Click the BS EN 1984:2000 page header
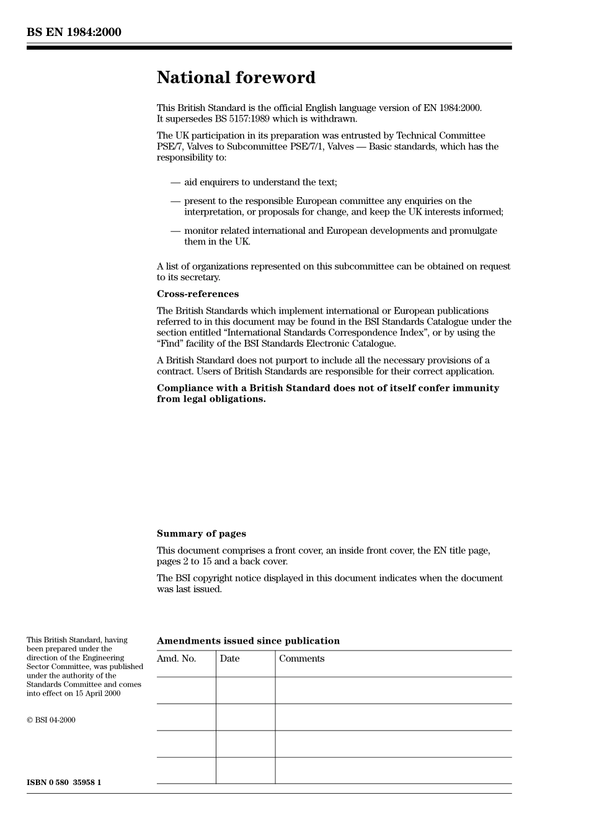74,32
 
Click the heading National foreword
236,78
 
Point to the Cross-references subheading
197,294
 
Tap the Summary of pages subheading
201,534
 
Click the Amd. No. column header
176,659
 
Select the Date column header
229,659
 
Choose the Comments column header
301,659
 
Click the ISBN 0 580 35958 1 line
64,783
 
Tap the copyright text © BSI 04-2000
51,720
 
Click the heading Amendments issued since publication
248,641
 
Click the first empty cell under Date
246,690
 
